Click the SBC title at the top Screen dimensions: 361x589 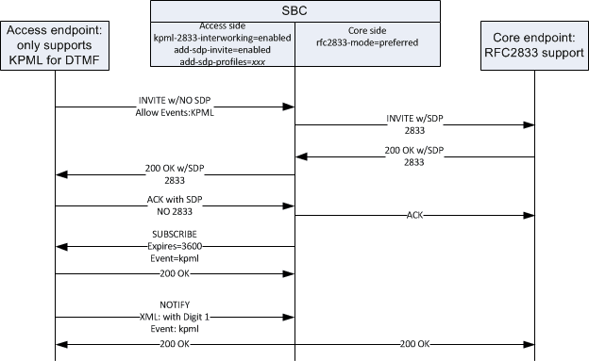coord(295,10)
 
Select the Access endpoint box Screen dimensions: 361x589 coord(54,45)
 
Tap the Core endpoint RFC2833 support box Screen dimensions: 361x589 coord(535,45)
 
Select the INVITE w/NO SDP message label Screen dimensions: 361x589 coord(175,97)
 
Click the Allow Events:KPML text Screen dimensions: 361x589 coord(175,109)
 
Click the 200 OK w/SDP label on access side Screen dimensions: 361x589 coord(175,166)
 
